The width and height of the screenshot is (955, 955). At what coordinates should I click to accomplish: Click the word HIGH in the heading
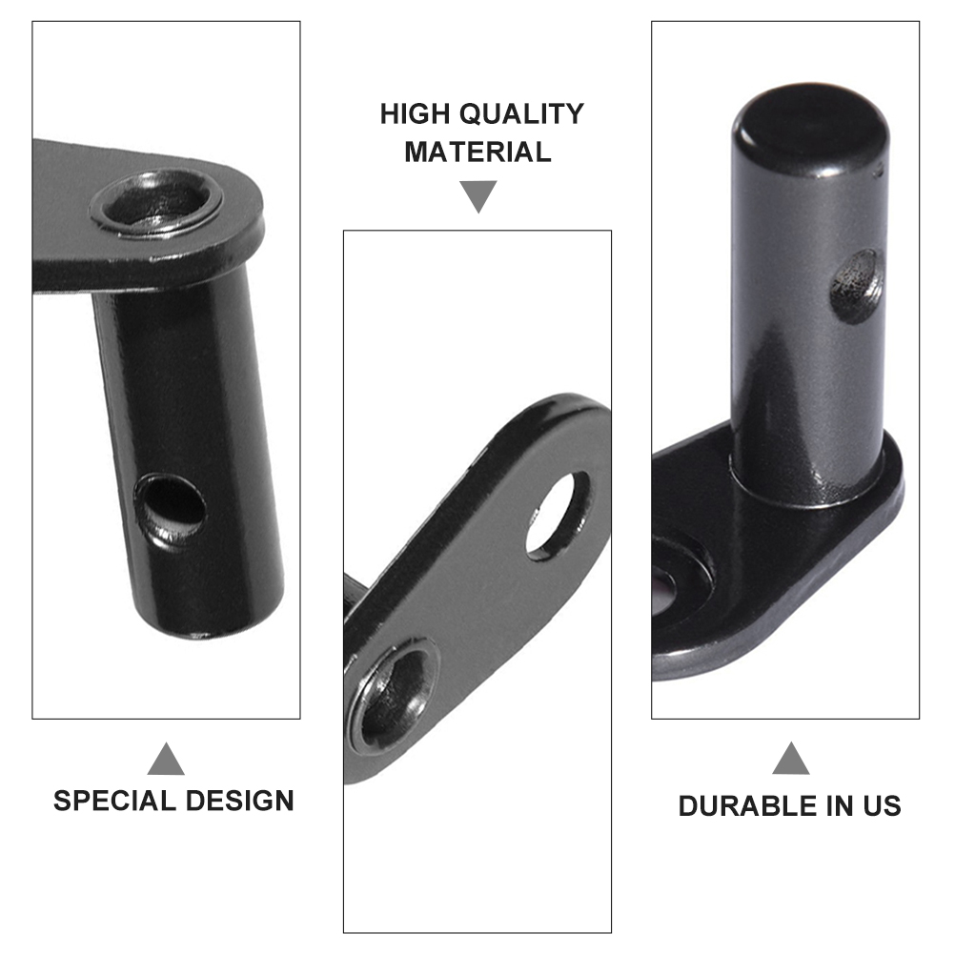[416, 113]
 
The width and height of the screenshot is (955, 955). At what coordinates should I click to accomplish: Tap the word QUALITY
[521, 113]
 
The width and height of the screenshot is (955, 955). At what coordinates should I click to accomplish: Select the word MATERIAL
[478, 152]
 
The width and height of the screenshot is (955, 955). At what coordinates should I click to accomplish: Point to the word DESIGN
[240, 801]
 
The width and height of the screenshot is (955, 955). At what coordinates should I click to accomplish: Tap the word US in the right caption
[882, 805]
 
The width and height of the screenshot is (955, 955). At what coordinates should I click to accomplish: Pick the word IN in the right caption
[841, 805]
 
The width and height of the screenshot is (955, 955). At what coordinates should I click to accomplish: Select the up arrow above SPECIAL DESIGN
[166, 759]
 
